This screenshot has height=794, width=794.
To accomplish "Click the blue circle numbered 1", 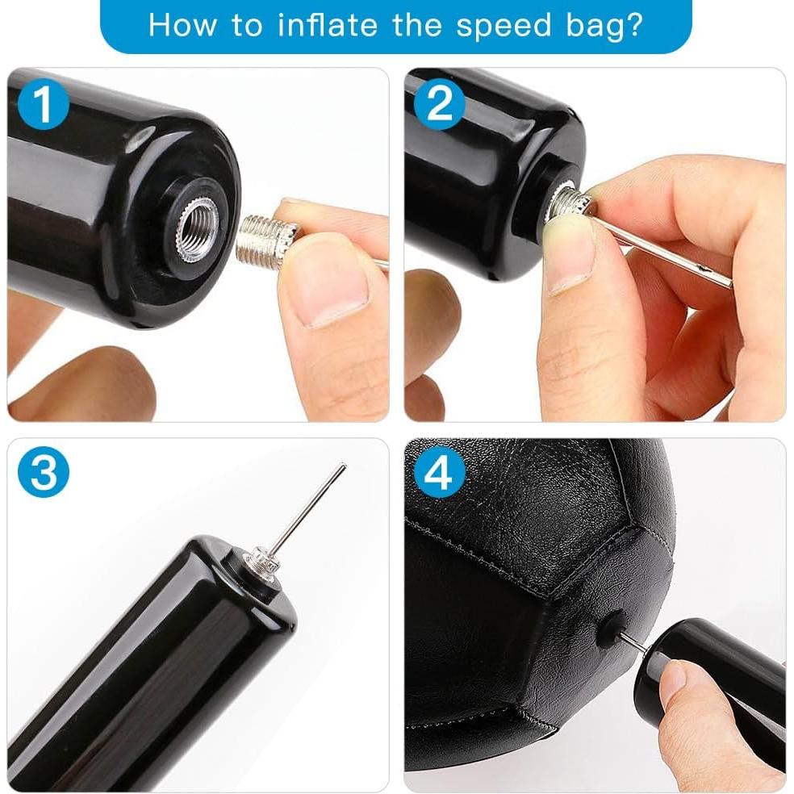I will [44, 105].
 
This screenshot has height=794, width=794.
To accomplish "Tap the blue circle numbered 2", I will [440, 105].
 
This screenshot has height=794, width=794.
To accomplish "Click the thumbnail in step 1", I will [327, 286].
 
